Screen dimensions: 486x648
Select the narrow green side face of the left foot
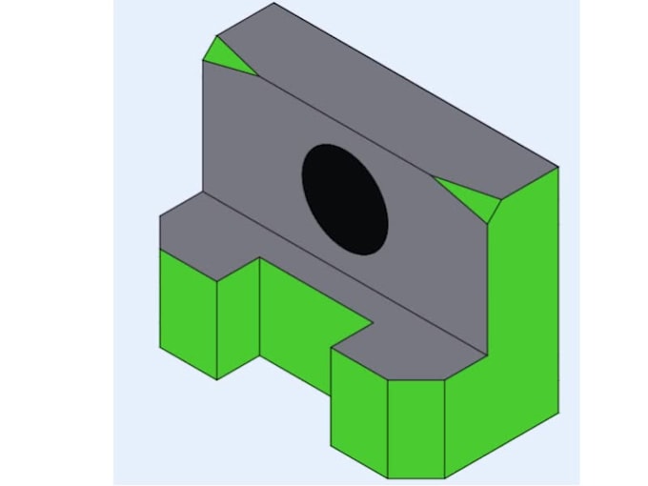(x=238, y=314)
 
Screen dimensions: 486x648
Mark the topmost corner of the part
(x=273, y=3)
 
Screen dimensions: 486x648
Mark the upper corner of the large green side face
(x=557, y=168)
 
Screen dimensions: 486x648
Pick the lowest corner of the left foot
(x=217, y=379)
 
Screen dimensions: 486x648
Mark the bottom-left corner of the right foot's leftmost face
(x=332, y=445)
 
